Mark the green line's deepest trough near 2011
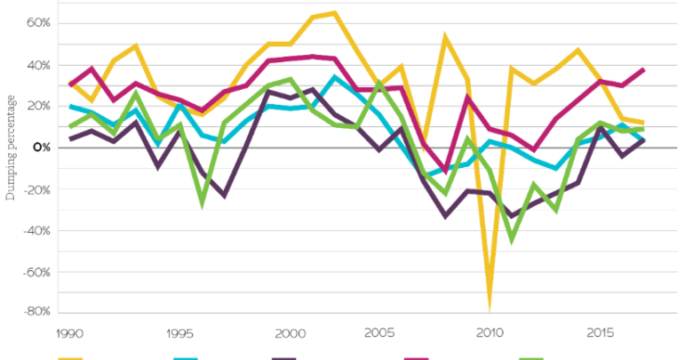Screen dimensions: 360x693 pyautogui.click(x=512, y=239)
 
